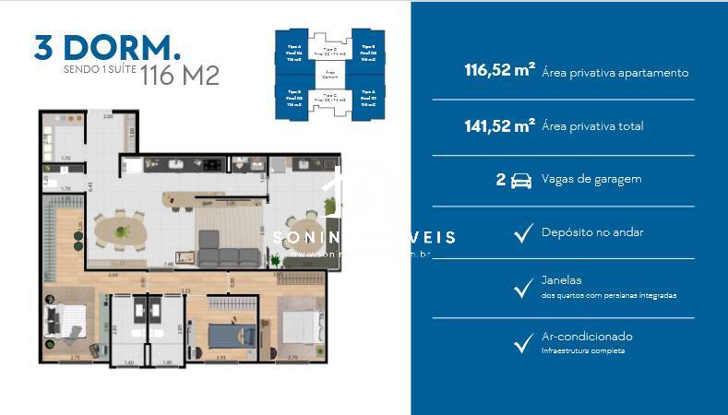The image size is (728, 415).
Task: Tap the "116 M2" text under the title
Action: [180, 76]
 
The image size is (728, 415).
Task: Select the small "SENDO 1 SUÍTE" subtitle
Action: [99, 69]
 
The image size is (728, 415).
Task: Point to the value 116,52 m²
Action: [499, 72]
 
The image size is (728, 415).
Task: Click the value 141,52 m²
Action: [499, 126]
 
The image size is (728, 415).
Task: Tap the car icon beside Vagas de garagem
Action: [521, 180]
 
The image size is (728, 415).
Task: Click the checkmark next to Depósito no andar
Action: [523, 234]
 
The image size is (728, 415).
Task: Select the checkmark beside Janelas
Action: [523, 288]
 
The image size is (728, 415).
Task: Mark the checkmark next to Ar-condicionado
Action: [523, 344]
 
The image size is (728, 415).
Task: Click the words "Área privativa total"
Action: [593, 126]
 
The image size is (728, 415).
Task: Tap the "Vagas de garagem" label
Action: [591, 180]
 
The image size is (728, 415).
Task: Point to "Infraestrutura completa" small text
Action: [583, 351]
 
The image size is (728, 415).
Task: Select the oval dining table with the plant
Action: [122, 228]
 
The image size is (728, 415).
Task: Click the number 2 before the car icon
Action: [501, 180]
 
